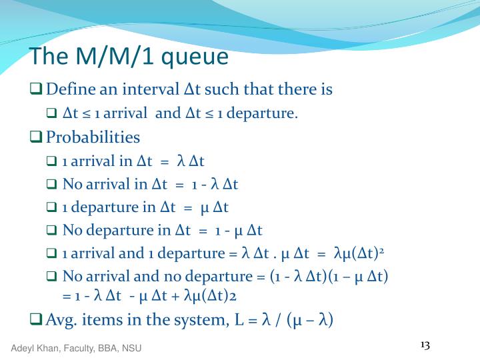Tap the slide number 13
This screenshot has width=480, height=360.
pos(425,345)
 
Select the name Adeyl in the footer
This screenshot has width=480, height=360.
pos(22,349)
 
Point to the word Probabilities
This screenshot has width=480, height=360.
pos(93,137)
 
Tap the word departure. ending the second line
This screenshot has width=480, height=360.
pos(267,113)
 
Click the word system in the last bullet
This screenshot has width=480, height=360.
pos(201,320)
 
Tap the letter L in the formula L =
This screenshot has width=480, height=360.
pos(239,320)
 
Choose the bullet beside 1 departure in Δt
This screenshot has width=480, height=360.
pos(53,207)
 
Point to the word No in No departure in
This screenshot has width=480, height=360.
pos(71,231)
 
